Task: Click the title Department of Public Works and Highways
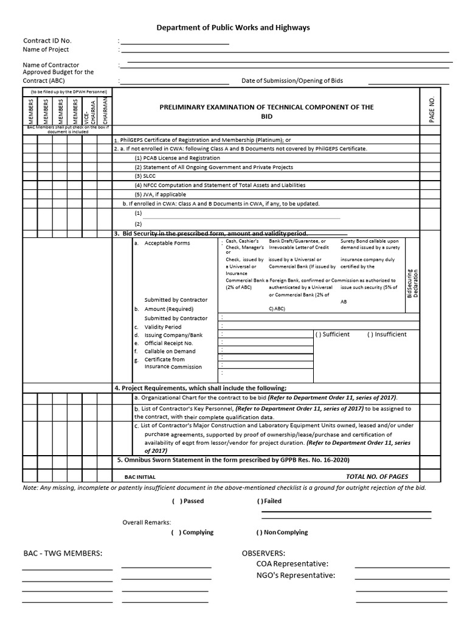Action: tap(233, 27)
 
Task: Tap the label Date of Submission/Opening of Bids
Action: tap(292, 80)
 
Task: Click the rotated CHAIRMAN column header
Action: tap(104, 110)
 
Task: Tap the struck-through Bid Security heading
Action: tap(212, 234)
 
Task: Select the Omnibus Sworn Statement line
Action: tap(233, 461)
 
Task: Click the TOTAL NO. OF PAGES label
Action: tap(377, 476)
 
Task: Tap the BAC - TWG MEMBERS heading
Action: tap(63, 552)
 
